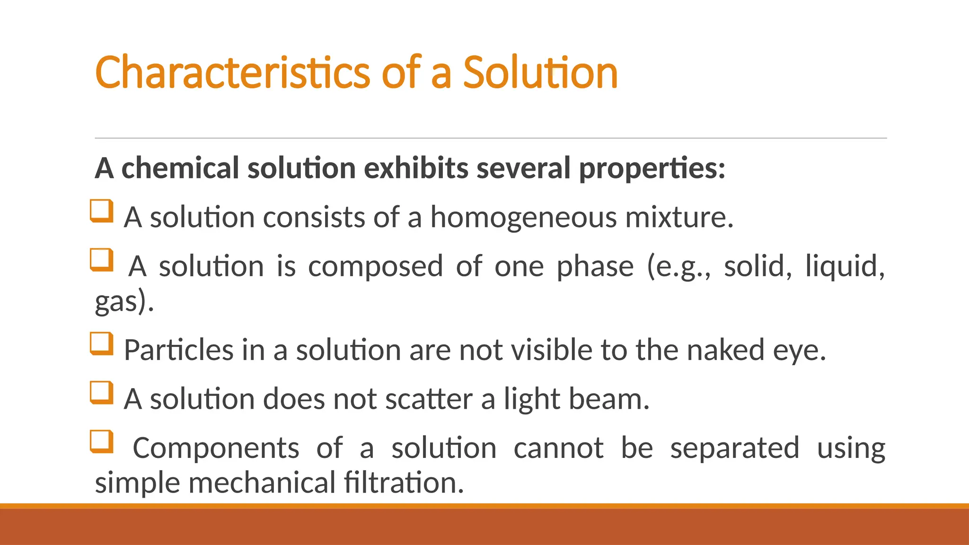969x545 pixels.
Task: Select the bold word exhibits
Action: (416, 168)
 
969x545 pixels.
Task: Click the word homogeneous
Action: (523, 218)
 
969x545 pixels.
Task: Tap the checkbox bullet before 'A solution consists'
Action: (102, 211)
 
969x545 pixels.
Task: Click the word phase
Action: (595, 267)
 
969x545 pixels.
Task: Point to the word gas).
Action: (124, 302)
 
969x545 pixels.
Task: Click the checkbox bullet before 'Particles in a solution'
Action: (102, 344)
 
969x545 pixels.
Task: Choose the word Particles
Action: (178, 351)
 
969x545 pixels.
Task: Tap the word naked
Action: (725, 351)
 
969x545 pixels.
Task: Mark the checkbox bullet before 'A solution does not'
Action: (102, 393)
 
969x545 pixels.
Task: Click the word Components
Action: (216, 448)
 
